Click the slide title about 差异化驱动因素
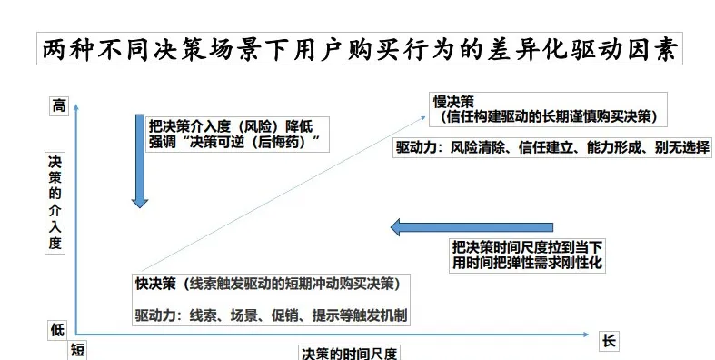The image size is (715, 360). tap(359, 49)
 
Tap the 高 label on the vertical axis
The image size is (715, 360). tap(59, 105)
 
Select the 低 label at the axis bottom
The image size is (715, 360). tap(57, 330)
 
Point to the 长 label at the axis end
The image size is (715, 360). tap(610, 341)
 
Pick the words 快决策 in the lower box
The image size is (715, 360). tap(154, 284)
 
